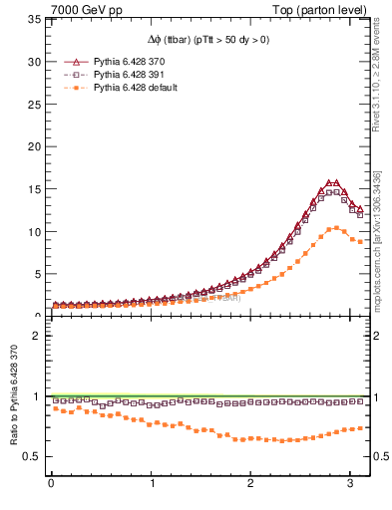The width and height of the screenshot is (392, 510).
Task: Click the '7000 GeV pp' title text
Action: point(78,9)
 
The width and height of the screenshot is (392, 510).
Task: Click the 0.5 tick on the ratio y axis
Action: point(30,457)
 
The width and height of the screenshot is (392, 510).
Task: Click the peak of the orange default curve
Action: point(337,228)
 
